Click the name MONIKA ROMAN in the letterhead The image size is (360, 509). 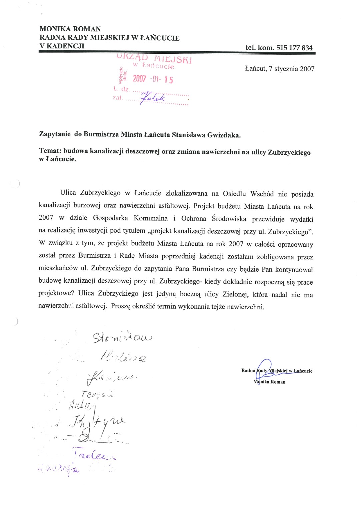tap(70, 29)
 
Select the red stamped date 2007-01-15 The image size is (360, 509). tap(153, 79)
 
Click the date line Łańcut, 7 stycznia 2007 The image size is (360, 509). tap(279, 69)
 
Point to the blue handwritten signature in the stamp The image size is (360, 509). tap(153, 97)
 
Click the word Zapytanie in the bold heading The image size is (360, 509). tap(55, 134)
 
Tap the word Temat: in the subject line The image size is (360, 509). tap(50, 151)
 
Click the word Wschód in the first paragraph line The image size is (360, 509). tap(262, 194)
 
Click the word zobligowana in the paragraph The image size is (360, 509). tap(275, 257)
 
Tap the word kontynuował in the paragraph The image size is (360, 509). tap(294, 269)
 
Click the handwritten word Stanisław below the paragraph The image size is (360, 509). tap(122, 338)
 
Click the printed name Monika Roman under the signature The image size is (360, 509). tap(269, 382)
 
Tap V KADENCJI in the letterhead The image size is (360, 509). tap(62, 46)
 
